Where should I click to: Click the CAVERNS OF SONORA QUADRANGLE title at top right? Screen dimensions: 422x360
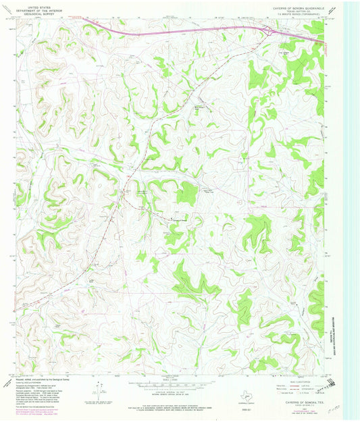295,4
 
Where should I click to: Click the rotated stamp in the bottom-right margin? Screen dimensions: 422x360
328,386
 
